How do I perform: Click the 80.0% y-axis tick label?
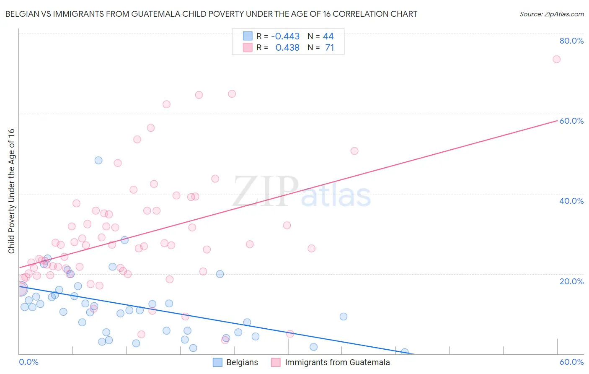pyautogui.click(x=571, y=41)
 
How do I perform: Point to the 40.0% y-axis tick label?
pyautogui.click(x=571, y=201)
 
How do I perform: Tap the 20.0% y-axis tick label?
pyautogui.click(x=571, y=281)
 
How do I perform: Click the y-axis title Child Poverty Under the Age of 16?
pyautogui.click(x=11, y=191)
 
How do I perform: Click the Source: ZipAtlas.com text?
pyautogui.click(x=551, y=14)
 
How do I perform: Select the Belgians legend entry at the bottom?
pyautogui.click(x=235, y=363)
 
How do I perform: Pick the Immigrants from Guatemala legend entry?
pyautogui.click(x=331, y=363)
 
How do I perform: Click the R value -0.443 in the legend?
pyautogui.click(x=285, y=36)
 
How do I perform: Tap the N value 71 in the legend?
pyautogui.click(x=329, y=48)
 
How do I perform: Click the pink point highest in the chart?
pyautogui.click(x=556, y=59)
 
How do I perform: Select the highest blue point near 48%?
pyautogui.click(x=98, y=160)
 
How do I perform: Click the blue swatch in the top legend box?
pyautogui.click(x=248, y=36)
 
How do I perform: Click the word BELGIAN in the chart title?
pyautogui.click(x=20, y=14)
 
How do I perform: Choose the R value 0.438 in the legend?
pyautogui.click(x=287, y=48)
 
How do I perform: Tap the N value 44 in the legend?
pyautogui.click(x=328, y=36)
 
